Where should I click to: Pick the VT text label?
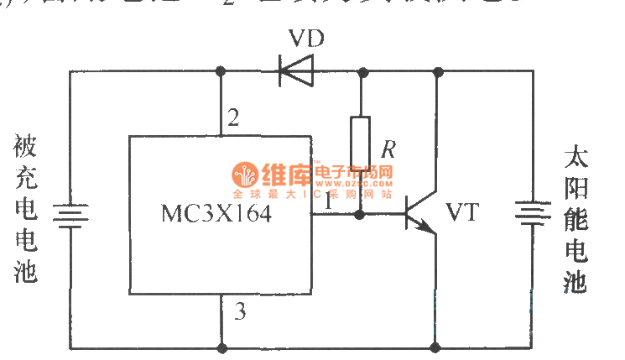click(461, 213)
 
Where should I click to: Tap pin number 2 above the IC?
click(233, 117)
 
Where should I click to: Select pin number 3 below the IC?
click(241, 314)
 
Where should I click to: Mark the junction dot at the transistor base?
click(361, 215)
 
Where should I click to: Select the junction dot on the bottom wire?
click(435, 346)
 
